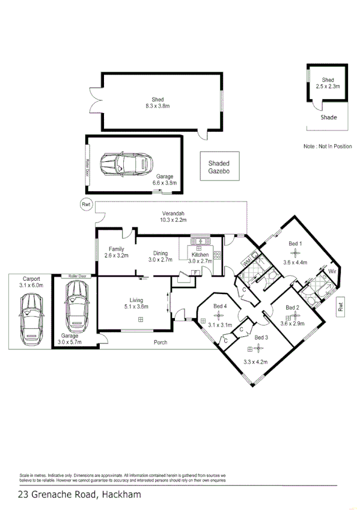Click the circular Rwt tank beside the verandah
coord(86,205)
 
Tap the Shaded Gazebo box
coord(219,167)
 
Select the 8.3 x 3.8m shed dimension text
coord(158,106)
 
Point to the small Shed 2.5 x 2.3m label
coord(328,80)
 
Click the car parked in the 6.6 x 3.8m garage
coord(126,163)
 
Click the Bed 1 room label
coord(295,244)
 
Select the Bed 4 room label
coord(221,307)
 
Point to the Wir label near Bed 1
coord(332,272)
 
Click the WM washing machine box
coord(246,263)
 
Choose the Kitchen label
coord(200,255)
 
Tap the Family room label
coord(116,249)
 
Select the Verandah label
coord(173,214)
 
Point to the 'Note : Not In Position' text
coord(328,147)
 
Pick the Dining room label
coord(160,253)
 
